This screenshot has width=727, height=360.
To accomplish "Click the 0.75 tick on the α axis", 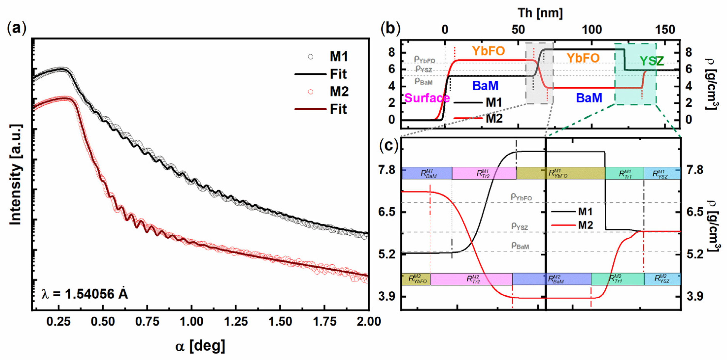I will click(147, 322).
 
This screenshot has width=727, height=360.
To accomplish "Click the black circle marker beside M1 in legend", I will click(310, 57).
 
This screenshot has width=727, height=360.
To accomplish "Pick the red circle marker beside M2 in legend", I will click(310, 92).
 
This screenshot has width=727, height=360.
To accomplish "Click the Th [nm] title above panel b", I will click(540, 13).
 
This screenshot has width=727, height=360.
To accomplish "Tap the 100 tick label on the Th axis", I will click(592, 29).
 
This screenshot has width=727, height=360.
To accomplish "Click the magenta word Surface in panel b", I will click(427, 98).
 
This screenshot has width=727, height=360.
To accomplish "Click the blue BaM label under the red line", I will click(589, 98).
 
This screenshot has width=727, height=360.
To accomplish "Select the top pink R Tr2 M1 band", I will click(484, 173).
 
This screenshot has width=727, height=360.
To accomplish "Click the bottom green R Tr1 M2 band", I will click(617, 279).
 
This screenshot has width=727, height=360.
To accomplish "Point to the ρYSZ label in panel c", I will click(519, 226).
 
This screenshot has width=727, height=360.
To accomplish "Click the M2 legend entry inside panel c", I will click(585, 225).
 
